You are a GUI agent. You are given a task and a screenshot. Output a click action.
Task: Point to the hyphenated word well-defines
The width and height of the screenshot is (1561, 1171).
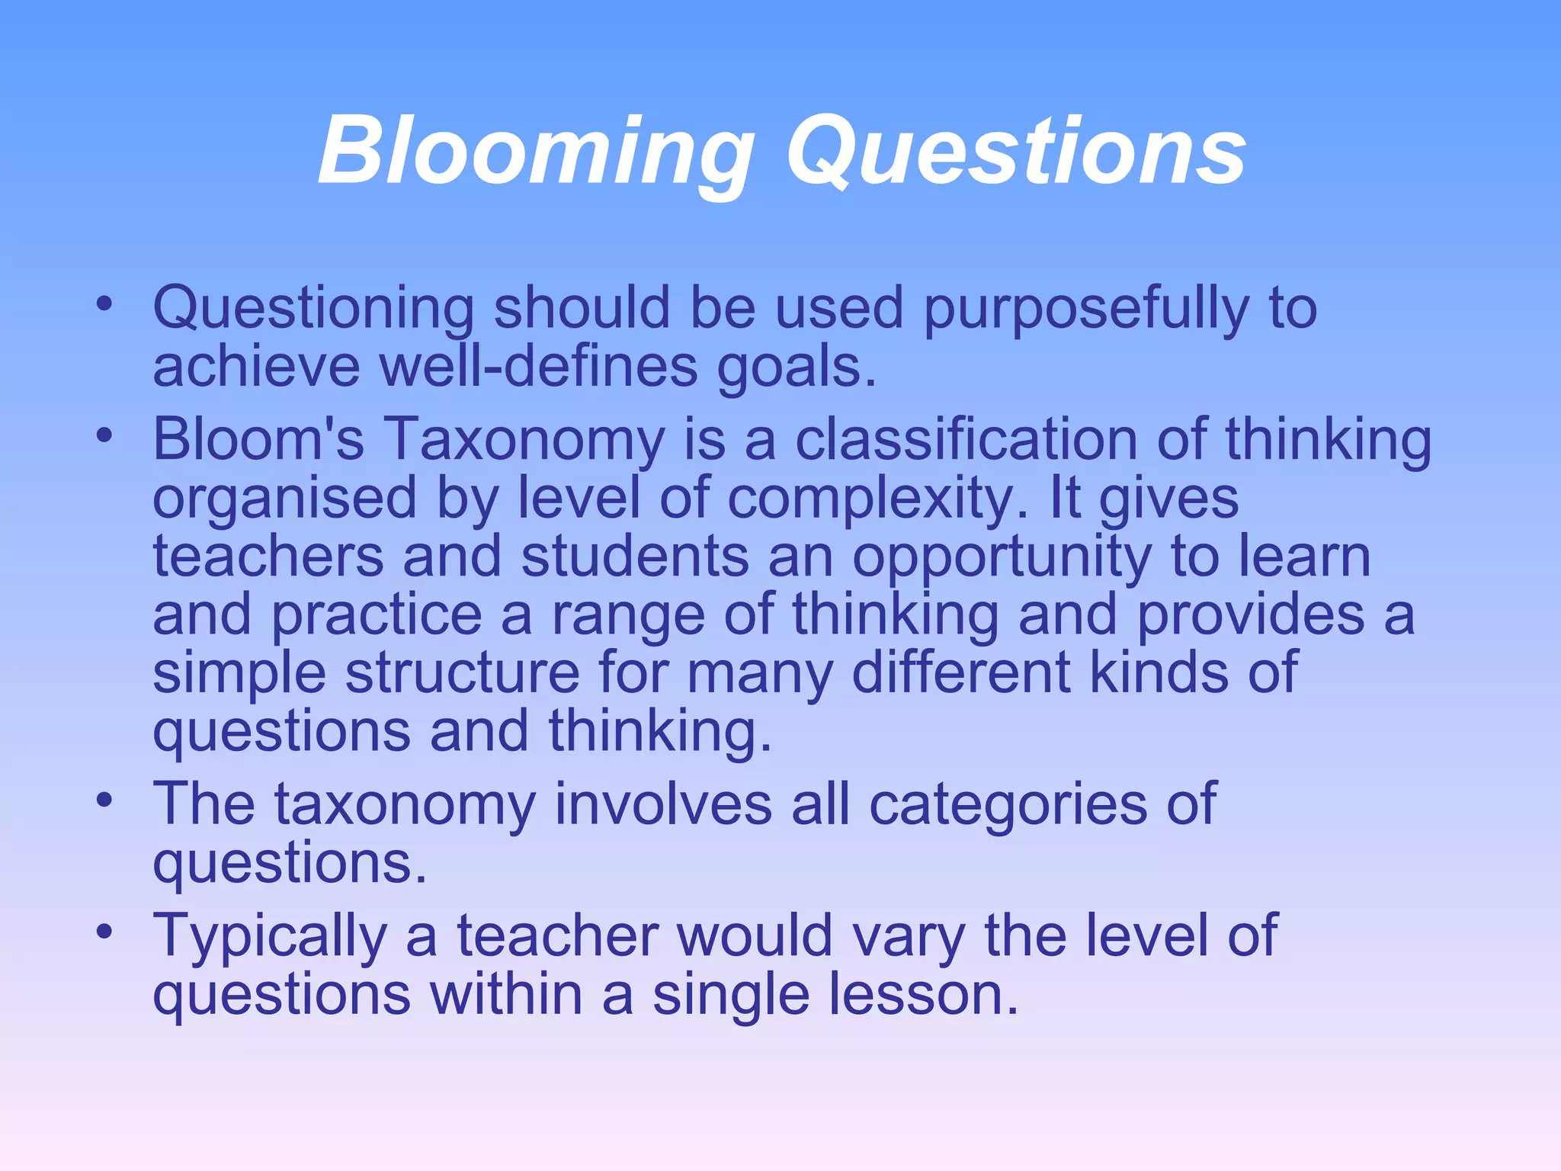[x=538, y=367]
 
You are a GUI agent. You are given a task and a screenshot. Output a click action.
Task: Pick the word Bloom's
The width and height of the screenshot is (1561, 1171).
[x=258, y=440]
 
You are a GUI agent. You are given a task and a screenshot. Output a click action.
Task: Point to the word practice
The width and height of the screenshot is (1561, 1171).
[x=377, y=615]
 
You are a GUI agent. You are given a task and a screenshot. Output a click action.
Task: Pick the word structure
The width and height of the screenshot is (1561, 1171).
[x=462, y=673]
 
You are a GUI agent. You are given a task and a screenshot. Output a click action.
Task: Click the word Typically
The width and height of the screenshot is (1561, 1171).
[x=270, y=937]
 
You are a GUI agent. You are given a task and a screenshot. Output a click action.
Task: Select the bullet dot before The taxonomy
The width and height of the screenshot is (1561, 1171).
[x=104, y=801]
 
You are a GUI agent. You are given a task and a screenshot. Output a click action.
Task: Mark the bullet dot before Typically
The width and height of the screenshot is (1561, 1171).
[x=104, y=932]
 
